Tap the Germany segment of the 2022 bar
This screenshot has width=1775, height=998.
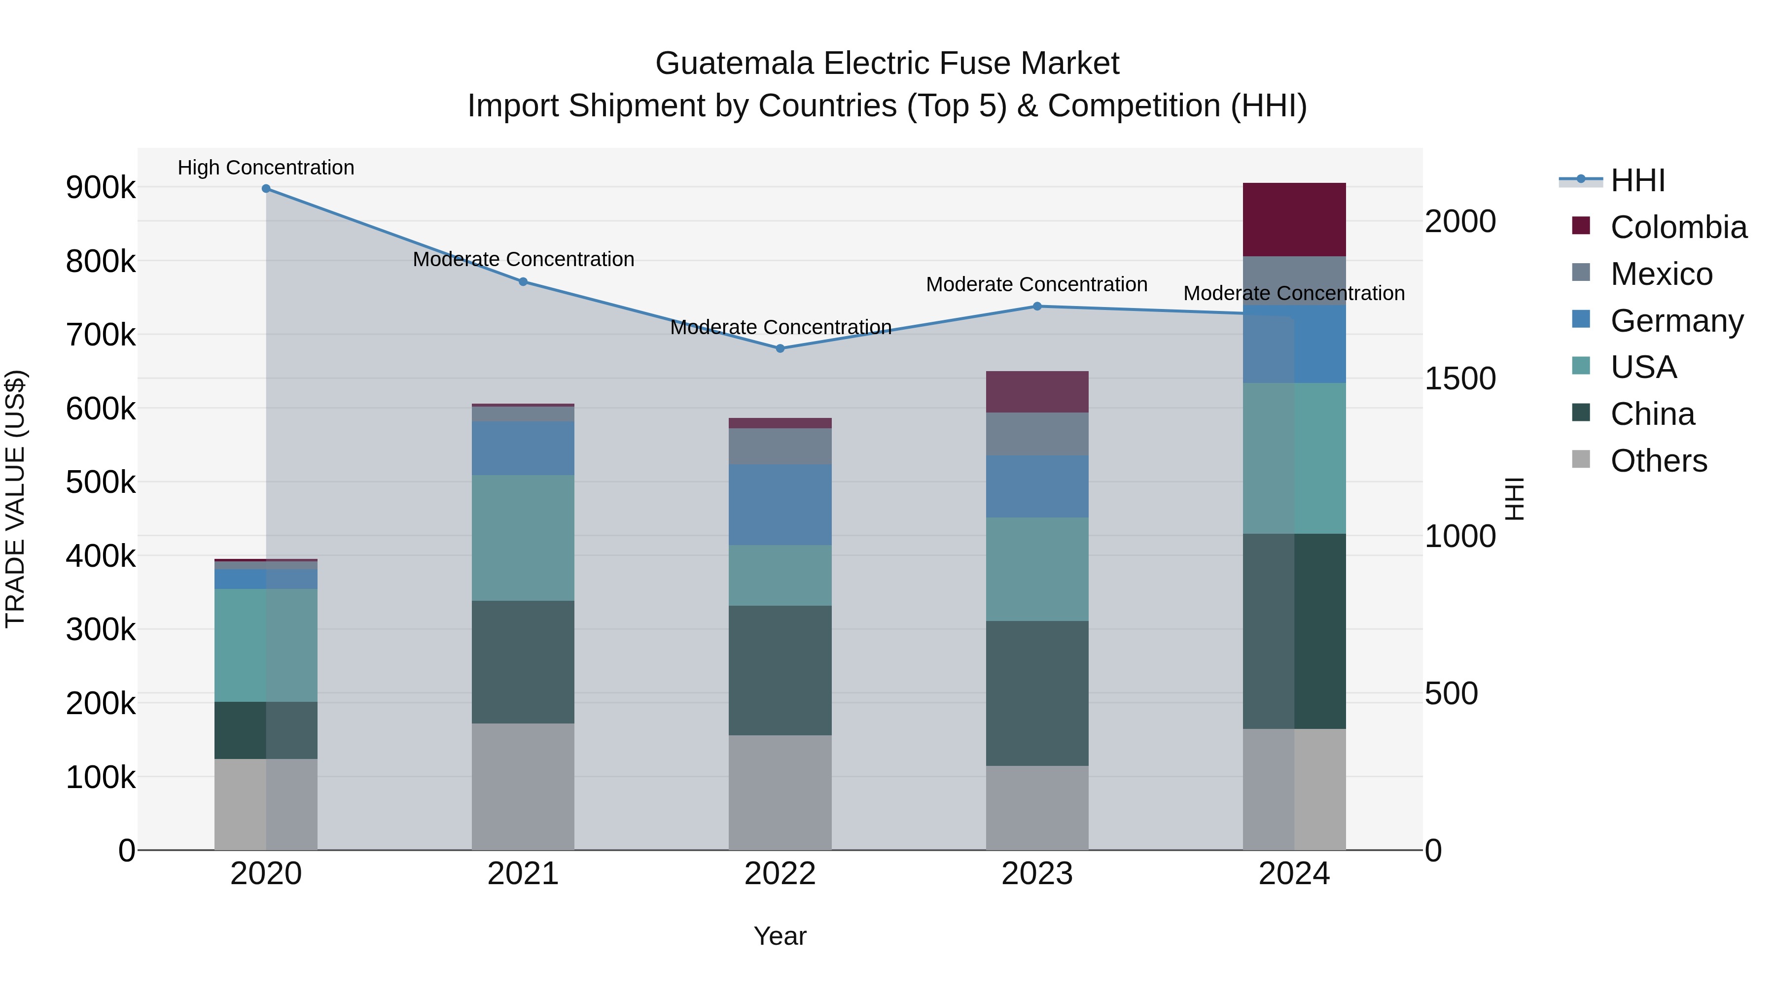coord(780,504)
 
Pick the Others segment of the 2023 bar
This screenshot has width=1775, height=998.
coord(1036,807)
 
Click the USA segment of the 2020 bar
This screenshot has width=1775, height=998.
coord(265,645)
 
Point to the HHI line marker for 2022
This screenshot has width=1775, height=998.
coord(780,348)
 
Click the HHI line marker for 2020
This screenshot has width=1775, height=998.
coord(266,189)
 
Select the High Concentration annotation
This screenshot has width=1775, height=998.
coord(265,168)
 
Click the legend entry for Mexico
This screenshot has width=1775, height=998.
coord(1661,274)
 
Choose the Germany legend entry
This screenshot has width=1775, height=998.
coord(1676,321)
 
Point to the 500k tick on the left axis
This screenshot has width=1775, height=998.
coord(101,482)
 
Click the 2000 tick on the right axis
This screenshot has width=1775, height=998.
coord(1459,222)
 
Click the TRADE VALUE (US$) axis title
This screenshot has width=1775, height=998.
coord(15,499)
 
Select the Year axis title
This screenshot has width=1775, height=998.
coord(780,936)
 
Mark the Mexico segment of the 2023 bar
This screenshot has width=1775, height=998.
coord(1036,433)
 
